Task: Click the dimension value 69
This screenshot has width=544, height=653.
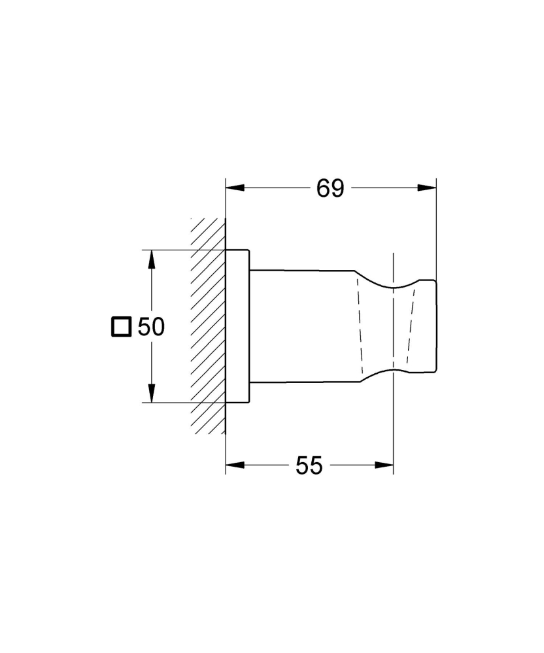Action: click(330, 188)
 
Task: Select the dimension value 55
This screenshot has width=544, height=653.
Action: click(309, 465)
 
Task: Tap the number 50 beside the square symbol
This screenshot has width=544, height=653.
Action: click(151, 326)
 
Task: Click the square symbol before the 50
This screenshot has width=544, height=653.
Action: click(121, 326)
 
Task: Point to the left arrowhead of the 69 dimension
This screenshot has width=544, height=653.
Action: click(233, 188)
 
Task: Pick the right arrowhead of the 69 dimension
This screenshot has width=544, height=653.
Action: click(428, 188)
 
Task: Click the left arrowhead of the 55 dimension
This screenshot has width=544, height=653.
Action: click(233, 465)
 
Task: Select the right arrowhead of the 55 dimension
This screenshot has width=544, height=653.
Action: click(385, 465)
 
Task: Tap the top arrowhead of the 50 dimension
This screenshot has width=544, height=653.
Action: click(151, 259)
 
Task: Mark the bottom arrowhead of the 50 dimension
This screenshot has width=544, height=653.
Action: click(151, 393)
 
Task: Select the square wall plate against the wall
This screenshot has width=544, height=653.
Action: click(237, 326)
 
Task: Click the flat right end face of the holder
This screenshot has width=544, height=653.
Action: click(435, 326)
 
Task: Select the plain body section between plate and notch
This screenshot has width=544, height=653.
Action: click(301, 326)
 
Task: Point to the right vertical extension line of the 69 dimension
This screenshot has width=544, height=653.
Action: click(436, 222)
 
